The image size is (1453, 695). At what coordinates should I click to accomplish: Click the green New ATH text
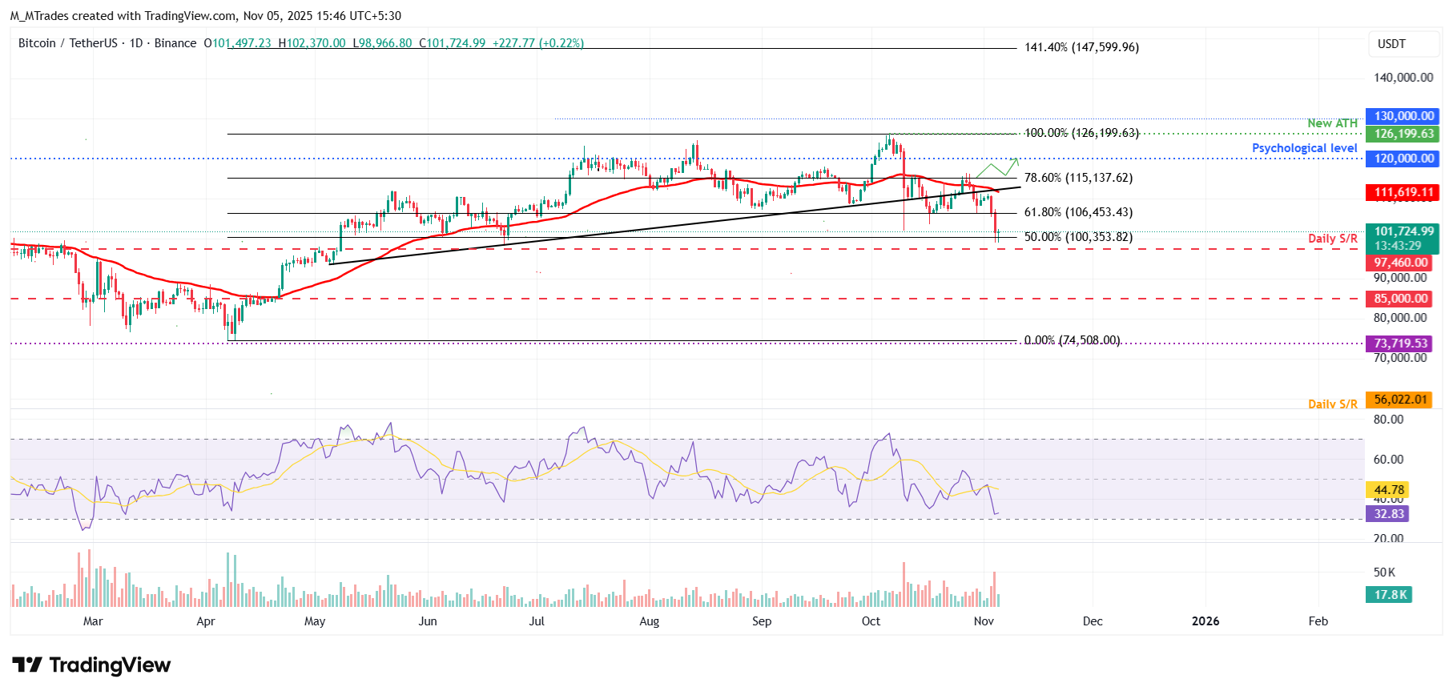pos(1332,123)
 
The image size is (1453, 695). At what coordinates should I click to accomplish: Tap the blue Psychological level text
pos(1304,148)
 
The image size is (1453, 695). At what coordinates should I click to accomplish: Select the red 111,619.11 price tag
pos(1403,192)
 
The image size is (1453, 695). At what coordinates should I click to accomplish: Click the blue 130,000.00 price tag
pos(1403,116)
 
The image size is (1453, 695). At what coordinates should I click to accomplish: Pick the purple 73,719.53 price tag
pos(1400,343)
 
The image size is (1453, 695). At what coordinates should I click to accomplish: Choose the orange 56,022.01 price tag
pos(1400,400)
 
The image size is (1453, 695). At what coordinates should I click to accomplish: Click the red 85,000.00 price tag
pos(1400,299)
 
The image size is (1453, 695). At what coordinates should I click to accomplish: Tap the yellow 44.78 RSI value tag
pos(1388,490)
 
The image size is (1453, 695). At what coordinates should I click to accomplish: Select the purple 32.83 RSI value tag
pos(1388,514)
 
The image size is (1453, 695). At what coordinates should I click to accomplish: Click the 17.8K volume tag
pos(1389,595)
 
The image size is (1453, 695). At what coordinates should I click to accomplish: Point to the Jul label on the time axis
pos(537,621)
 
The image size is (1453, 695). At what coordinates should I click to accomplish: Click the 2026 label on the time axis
pos(1205,621)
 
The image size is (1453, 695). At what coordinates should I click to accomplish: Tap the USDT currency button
pos(1392,44)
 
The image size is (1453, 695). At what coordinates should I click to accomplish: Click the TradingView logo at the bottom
pos(91,665)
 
